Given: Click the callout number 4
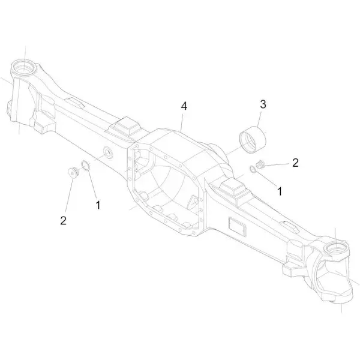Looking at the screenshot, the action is [184, 106].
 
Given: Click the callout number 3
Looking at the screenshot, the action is [263, 104].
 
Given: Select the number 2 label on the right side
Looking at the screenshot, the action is [295, 163].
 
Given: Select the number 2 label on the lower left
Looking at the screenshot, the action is [64, 220].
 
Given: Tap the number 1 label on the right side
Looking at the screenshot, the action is [280, 191].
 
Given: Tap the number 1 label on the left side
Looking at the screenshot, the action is [98, 205].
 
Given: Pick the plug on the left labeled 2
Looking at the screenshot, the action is [74, 173].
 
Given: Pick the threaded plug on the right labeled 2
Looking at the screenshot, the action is [260, 164].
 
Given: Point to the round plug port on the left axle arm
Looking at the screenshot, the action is [107, 152].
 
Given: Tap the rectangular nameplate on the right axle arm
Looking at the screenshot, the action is [238, 226].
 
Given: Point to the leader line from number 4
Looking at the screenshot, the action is [182, 122].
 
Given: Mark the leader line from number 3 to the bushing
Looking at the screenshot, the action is [259, 119].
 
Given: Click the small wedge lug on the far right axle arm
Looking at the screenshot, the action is [290, 227].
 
